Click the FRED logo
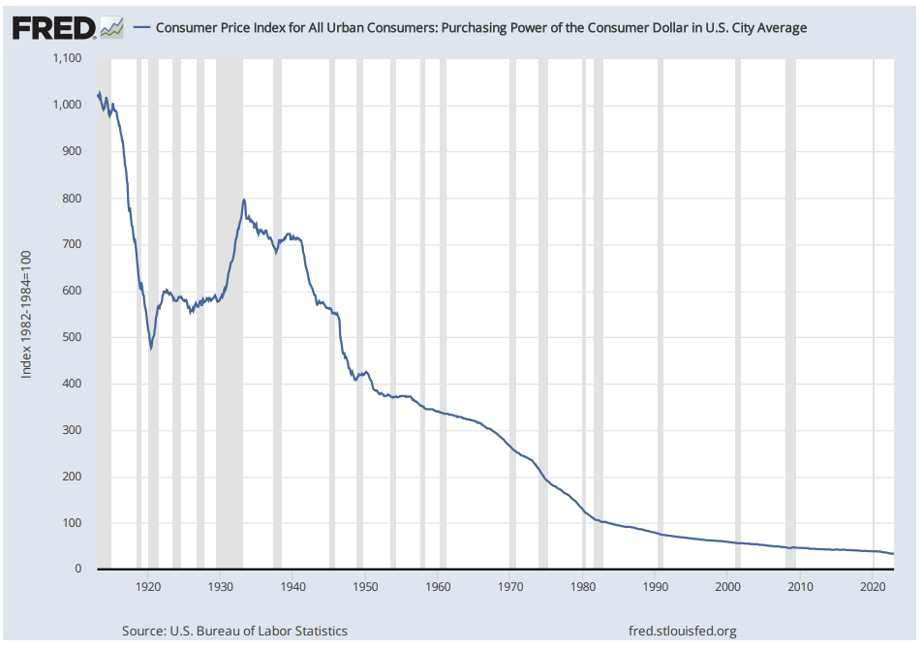coord(54,27)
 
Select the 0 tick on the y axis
coord(78,569)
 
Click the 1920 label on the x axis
coord(147,586)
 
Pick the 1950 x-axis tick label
coord(365,586)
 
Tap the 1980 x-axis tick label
coord(583,586)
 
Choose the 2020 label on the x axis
coord(873,586)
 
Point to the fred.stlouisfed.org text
coord(683,631)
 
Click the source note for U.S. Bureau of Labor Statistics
coord(234,631)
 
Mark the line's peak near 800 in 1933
coord(243,200)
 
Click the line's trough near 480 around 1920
coord(151,347)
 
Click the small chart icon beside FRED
coord(112,28)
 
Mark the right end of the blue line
coord(893,553)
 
